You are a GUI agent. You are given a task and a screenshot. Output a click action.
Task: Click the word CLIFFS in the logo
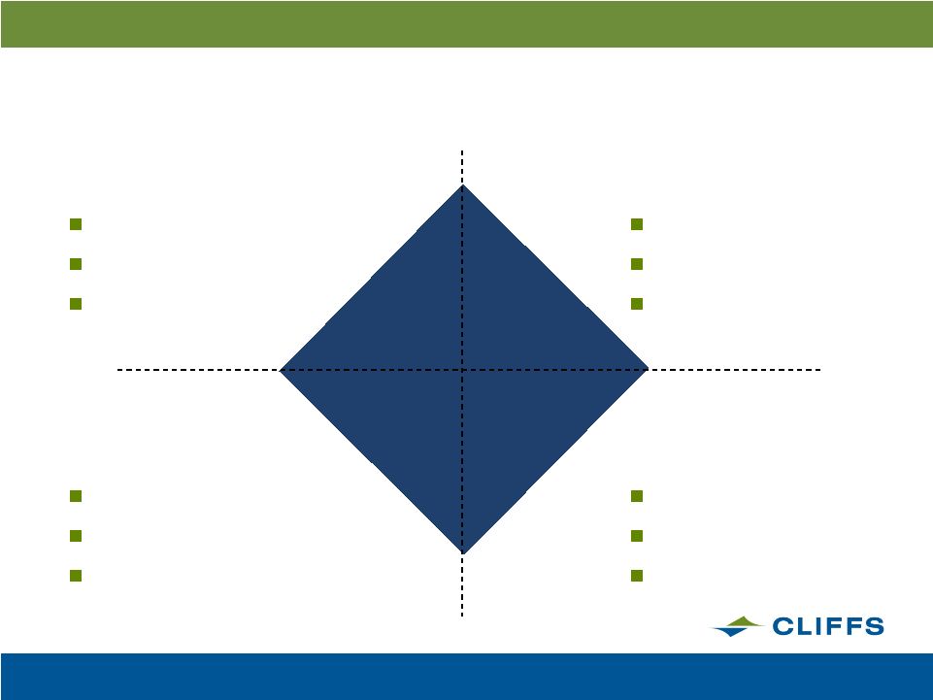(828, 626)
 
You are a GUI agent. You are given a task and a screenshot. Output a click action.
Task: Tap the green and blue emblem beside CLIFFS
(738, 626)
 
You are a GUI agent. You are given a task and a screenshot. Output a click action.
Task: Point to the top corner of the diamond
(463, 184)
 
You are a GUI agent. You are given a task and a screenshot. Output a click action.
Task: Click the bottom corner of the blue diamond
(463, 554)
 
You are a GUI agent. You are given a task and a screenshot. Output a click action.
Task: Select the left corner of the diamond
(279, 370)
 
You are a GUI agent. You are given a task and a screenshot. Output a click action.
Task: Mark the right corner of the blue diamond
(648, 370)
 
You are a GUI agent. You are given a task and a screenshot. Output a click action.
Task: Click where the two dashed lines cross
(462, 370)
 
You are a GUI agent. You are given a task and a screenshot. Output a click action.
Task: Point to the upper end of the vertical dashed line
(462, 150)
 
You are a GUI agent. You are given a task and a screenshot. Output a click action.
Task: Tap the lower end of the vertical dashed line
(462, 617)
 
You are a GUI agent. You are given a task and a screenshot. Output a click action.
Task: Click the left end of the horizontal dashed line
(117, 370)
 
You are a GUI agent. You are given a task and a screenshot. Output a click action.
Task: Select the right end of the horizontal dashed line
(821, 370)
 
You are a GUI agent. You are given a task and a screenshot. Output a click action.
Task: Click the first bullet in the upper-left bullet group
(76, 224)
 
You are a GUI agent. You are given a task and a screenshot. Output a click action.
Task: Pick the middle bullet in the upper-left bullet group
(76, 264)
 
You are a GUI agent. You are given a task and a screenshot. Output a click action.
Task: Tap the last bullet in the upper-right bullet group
(637, 304)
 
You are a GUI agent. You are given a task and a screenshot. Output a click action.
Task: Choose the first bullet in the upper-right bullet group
(637, 224)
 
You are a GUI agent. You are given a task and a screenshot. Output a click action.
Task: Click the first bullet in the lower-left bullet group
(76, 496)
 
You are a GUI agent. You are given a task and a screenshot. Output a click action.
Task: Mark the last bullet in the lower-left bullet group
(76, 576)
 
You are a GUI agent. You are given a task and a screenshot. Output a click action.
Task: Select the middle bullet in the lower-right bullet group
(637, 536)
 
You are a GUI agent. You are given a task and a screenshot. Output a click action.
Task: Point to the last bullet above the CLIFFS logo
(637, 576)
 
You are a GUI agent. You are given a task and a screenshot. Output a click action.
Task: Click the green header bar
(466, 24)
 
